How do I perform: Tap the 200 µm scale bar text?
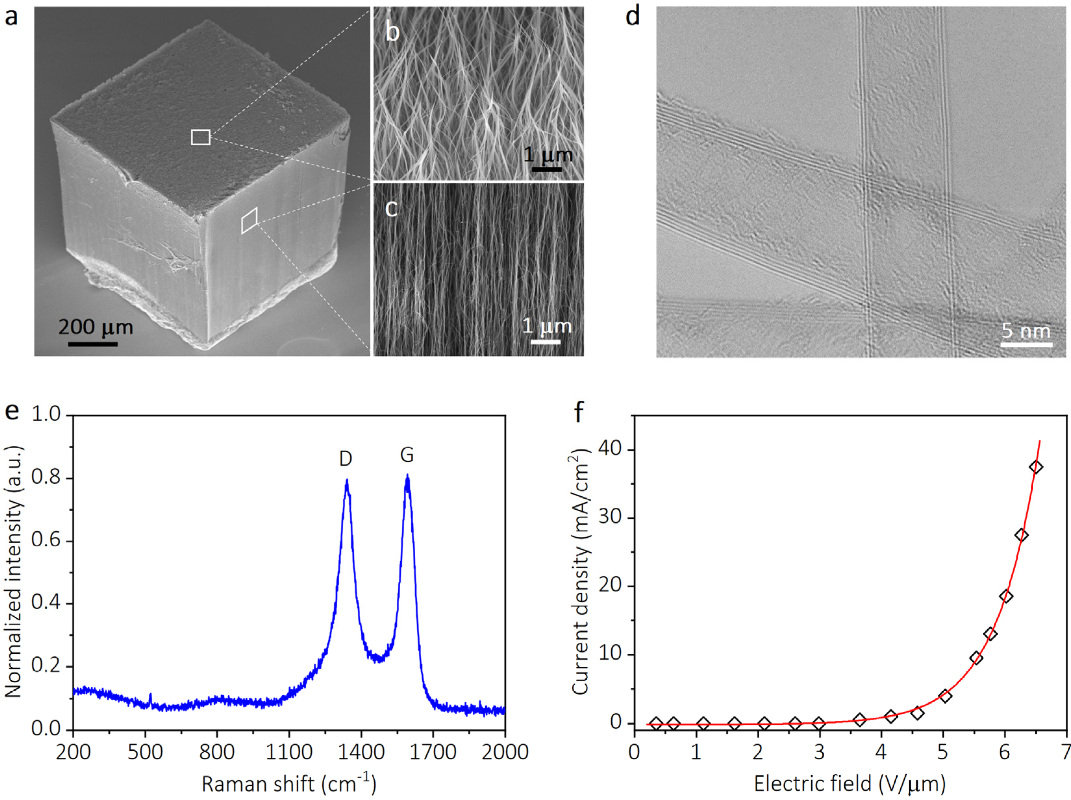pyautogui.click(x=95, y=328)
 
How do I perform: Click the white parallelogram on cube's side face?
pyautogui.click(x=249, y=221)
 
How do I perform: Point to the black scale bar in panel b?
pyautogui.click(x=547, y=169)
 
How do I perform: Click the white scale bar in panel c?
pyautogui.click(x=545, y=342)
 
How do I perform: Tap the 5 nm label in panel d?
pyautogui.click(x=1026, y=331)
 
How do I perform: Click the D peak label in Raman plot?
pyautogui.click(x=345, y=458)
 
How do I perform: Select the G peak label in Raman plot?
pyautogui.click(x=407, y=455)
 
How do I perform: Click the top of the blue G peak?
pyautogui.click(x=407, y=477)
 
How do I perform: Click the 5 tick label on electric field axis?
pyautogui.click(x=942, y=752)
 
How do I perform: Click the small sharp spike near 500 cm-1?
pyautogui.click(x=151, y=698)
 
